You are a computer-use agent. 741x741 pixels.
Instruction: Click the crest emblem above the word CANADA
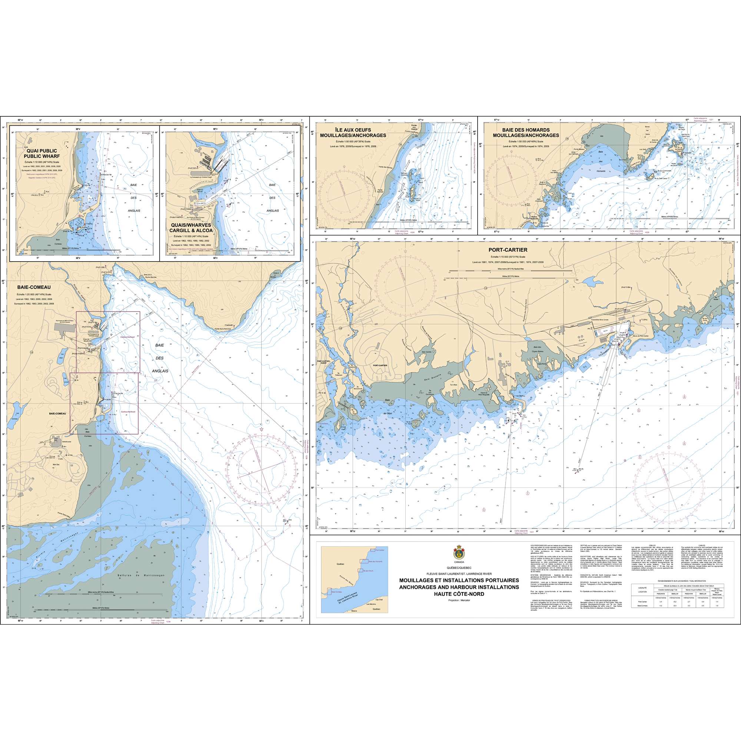click(x=459, y=553)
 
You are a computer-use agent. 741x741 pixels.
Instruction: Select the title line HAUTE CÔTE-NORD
click(x=459, y=594)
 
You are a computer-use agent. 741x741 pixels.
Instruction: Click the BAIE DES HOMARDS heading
click(x=526, y=132)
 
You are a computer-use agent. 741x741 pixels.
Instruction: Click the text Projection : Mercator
click(x=459, y=599)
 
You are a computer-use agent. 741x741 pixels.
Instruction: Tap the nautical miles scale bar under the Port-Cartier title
click(x=510, y=270)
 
